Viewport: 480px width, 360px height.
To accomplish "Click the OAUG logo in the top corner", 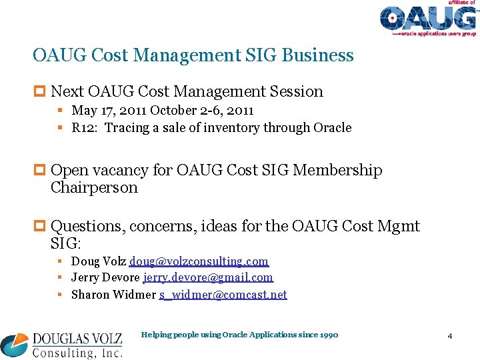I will pyautogui.click(x=429, y=19).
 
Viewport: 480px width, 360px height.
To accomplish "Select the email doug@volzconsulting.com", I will pyautogui.click(x=199, y=261).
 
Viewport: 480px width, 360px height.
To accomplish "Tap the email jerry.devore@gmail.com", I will pyautogui.click(x=208, y=277).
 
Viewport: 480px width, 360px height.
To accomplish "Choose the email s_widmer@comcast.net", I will pyautogui.click(x=223, y=294).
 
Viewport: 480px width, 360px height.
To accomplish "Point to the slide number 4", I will pyautogui.click(x=450, y=336).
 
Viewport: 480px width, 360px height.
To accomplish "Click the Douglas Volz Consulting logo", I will pyautogui.click(x=61, y=342).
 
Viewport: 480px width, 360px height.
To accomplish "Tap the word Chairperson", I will pyautogui.click(x=94, y=187).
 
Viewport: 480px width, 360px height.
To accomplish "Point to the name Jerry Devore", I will pyautogui.click(x=105, y=277).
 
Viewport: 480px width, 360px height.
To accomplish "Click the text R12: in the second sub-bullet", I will pyautogui.click(x=85, y=127).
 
